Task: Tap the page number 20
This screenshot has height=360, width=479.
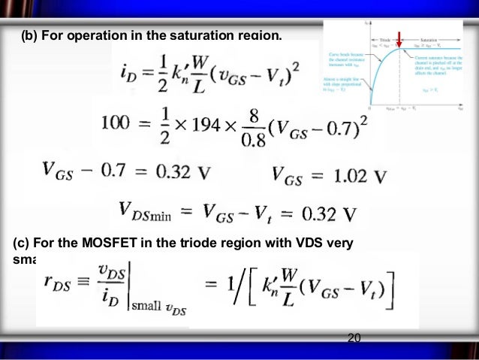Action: click(x=354, y=339)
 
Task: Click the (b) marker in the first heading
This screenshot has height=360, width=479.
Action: click(x=31, y=35)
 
